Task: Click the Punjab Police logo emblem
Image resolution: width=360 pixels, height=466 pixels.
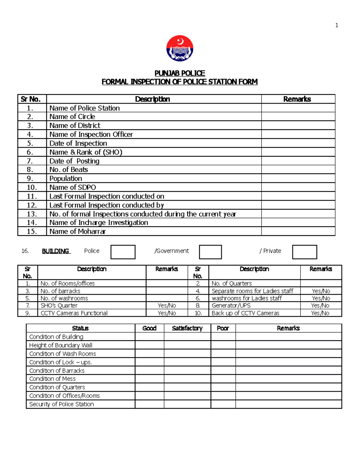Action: tap(180, 48)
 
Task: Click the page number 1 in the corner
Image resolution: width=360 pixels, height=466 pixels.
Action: tap(337, 25)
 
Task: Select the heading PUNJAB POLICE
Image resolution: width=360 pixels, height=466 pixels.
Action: tap(180, 73)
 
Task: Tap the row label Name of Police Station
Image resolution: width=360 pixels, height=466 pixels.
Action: tap(85, 108)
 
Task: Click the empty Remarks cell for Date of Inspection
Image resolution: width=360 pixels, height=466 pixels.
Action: tap(298, 143)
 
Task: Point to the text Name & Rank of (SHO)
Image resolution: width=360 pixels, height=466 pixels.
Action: tap(86, 152)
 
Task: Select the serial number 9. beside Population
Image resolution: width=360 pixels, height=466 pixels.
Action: tap(30, 179)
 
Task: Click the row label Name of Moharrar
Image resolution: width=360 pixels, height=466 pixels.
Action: tap(77, 231)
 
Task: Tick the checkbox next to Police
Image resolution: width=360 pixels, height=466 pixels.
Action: tap(123, 252)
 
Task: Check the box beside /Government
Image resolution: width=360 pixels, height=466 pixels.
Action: tap(210, 252)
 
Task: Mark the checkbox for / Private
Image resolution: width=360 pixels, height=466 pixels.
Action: tap(304, 252)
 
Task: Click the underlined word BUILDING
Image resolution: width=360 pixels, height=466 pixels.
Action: tap(56, 251)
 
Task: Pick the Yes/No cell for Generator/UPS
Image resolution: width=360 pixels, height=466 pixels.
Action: tap(320, 305)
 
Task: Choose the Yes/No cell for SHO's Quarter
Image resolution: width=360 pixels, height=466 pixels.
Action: tap(167, 305)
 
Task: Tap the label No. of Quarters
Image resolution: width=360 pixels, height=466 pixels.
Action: tap(232, 283)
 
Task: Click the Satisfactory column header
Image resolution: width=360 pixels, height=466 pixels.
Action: tap(187, 328)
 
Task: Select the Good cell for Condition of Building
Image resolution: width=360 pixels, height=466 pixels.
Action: tap(149, 337)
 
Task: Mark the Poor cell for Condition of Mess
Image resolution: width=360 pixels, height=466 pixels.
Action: tap(223, 379)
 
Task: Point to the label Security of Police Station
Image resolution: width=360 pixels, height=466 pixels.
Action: tap(61, 404)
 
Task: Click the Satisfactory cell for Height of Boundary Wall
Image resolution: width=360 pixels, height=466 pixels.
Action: tap(187, 345)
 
